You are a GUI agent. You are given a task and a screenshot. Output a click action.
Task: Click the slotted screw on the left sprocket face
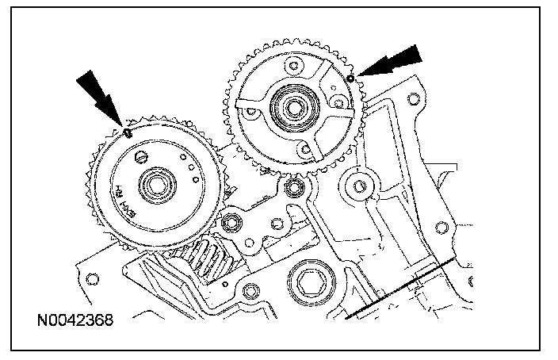click(142, 157)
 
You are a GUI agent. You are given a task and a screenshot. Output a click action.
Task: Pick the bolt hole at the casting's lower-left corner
click(91, 278)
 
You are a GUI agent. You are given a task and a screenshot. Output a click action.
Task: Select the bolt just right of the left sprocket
click(234, 222)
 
